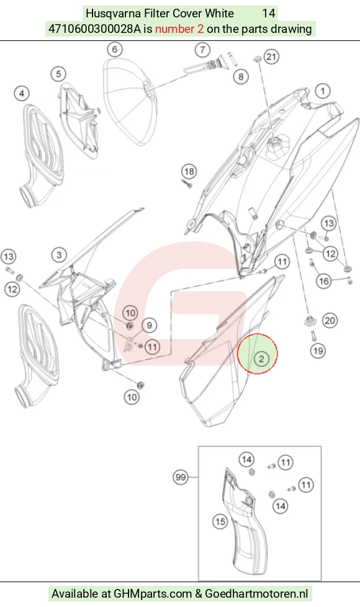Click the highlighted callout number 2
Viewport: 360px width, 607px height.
(261, 359)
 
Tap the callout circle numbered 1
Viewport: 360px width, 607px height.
(323, 91)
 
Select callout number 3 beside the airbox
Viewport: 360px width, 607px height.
(59, 254)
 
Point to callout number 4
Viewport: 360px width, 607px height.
(22, 93)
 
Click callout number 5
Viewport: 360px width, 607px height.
(58, 74)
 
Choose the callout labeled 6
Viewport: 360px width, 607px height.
(115, 49)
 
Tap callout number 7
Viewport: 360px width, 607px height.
(202, 50)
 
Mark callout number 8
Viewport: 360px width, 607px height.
(241, 76)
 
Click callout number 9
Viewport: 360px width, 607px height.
(150, 325)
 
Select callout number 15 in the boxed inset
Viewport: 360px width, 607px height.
(220, 521)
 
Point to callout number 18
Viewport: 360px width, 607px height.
(189, 171)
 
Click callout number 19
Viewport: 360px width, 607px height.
(318, 351)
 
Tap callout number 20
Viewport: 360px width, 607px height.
(330, 320)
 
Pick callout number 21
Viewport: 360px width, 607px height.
(271, 57)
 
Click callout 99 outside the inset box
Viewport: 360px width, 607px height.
(181, 477)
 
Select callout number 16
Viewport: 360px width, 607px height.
(324, 281)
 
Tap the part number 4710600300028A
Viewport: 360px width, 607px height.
(94, 29)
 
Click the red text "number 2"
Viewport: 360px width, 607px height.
(179, 29)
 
